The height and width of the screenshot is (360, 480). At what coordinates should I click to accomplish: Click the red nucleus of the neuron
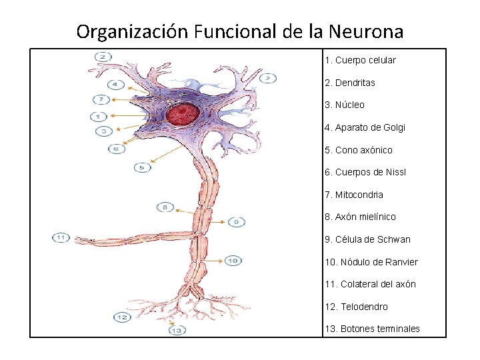coord(182,115)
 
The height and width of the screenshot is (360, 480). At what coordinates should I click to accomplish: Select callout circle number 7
coord(101,100)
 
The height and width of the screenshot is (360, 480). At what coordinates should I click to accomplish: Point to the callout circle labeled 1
coord(97,117)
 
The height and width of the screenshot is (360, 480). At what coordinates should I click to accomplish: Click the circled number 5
coord(142,167)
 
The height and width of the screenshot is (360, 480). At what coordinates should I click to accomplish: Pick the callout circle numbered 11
coord(61,237)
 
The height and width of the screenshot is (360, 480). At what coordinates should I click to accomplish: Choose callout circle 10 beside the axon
coord(233,261)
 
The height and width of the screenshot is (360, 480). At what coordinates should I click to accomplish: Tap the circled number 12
coord(122,317)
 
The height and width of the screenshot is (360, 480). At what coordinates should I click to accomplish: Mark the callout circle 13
coord(177,330)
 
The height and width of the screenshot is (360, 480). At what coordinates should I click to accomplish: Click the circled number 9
coord(237,221)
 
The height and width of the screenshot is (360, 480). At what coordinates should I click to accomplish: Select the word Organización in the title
coord(133,31)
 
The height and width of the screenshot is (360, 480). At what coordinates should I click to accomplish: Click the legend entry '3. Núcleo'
coord(345,105)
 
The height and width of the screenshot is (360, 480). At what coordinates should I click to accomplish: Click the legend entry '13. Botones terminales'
coord(372,329)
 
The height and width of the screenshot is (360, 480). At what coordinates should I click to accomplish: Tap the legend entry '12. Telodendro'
coord(356,307)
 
